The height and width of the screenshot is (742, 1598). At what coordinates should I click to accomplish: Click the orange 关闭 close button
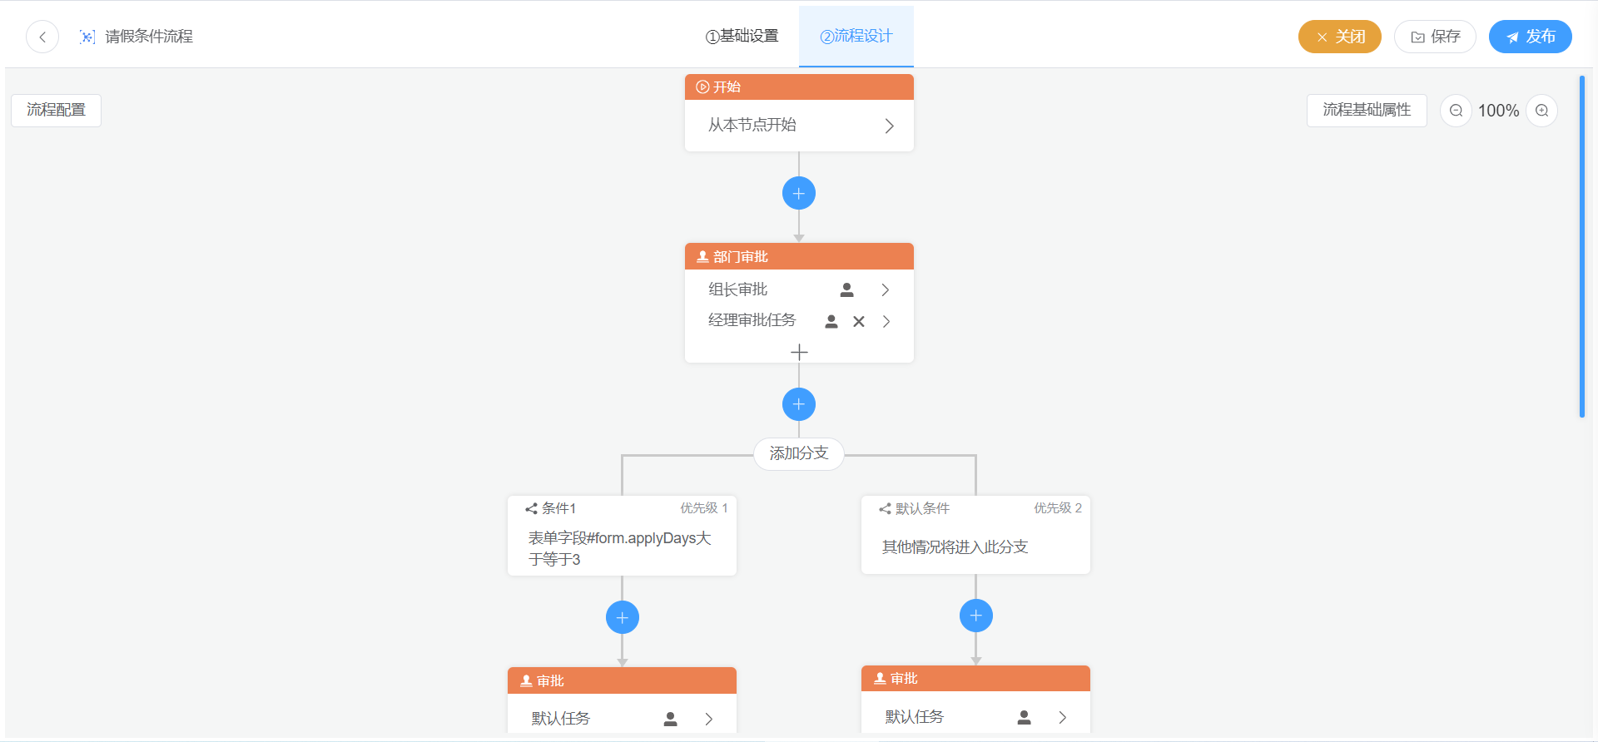[x=1339, y=37]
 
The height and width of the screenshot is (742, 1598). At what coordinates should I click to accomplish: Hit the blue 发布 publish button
[x=1530, y=37]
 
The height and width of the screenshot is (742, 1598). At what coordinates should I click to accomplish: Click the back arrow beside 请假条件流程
[x=42, y=37]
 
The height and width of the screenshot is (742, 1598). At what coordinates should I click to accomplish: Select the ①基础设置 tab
[x=742, y=37]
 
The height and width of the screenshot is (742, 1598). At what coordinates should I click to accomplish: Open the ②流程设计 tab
[x=856, y=37]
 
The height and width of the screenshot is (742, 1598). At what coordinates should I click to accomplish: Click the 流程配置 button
[x=56, y=110]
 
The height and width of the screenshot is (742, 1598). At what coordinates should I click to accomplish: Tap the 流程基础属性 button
[x=1366, y=110]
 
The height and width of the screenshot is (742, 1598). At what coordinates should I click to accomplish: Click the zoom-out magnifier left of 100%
[x=1456, y=111]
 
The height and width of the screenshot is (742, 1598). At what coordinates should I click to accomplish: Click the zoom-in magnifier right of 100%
[x=1541, y=111]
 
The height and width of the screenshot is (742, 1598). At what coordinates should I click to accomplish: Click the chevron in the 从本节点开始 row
[x=889, y=126]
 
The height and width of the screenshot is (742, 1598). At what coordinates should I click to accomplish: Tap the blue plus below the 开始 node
[x=799, y=194]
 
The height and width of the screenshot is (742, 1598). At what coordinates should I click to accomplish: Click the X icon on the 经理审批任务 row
[x=859, y=322]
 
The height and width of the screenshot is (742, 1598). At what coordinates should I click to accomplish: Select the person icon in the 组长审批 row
[x=846, y=289]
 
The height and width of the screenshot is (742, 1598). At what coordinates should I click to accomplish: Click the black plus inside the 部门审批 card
[x=799, y=353]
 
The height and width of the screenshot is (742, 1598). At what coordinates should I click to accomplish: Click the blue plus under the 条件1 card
[x=623, y=617]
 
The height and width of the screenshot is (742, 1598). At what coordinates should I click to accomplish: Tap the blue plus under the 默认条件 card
[x=976, y=616]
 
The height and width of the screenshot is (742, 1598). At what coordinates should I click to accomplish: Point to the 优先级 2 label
[x=1057, y=508]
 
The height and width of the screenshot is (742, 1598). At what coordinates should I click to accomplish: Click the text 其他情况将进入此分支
[x=955, y=547]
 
